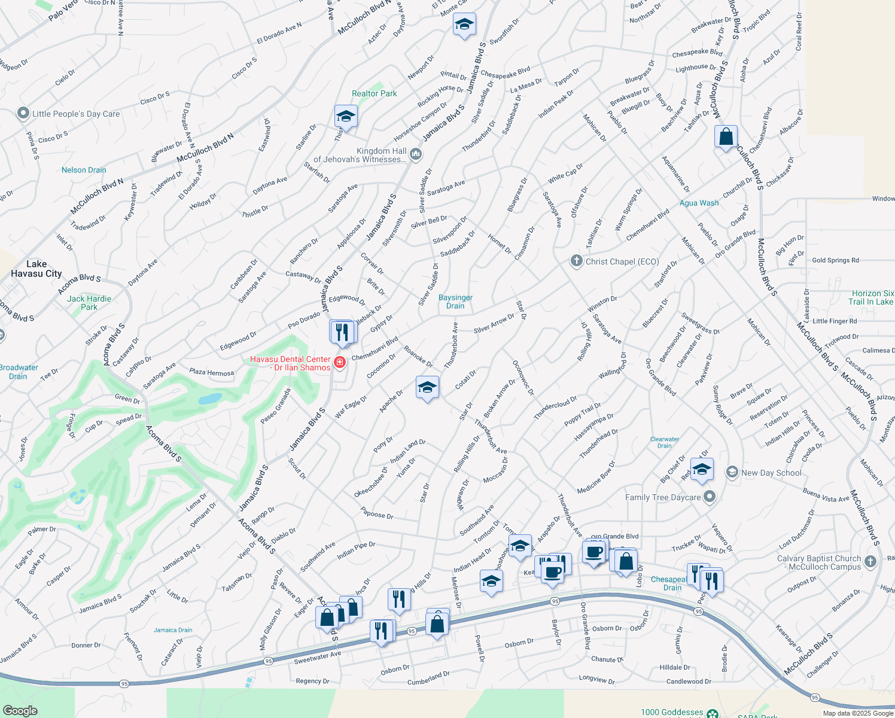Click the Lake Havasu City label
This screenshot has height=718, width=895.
tap(36, 269)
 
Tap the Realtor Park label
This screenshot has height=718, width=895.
tap(374, 93)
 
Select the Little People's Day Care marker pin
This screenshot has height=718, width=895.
tap(23, 113)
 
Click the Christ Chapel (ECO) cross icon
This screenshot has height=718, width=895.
tap(576, 261)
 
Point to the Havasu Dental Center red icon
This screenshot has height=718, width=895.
tap(340, 362)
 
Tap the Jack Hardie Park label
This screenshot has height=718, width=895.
tap(89, 303)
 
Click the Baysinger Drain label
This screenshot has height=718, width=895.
tap(455, 302)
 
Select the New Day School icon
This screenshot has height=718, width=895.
tap(732, 472)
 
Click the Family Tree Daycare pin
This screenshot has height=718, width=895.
tap(710, 497)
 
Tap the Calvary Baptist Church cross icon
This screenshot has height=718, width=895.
tap(870, 561)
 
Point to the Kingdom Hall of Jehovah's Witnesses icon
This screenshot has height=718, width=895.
tap(416, 155)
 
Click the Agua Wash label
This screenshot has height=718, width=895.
tap(699, 203)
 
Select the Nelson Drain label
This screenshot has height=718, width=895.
tap(84, 170)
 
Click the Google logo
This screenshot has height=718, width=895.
tap(20, 711)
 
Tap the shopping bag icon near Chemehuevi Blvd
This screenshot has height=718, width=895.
tap(725, 137)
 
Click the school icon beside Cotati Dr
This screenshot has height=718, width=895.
tap(427, 388)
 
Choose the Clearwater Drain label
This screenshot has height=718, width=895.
tap(665, 442)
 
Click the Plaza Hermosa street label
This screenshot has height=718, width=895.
tap(211, 372)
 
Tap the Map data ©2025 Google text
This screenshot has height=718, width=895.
tap(857, 713)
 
